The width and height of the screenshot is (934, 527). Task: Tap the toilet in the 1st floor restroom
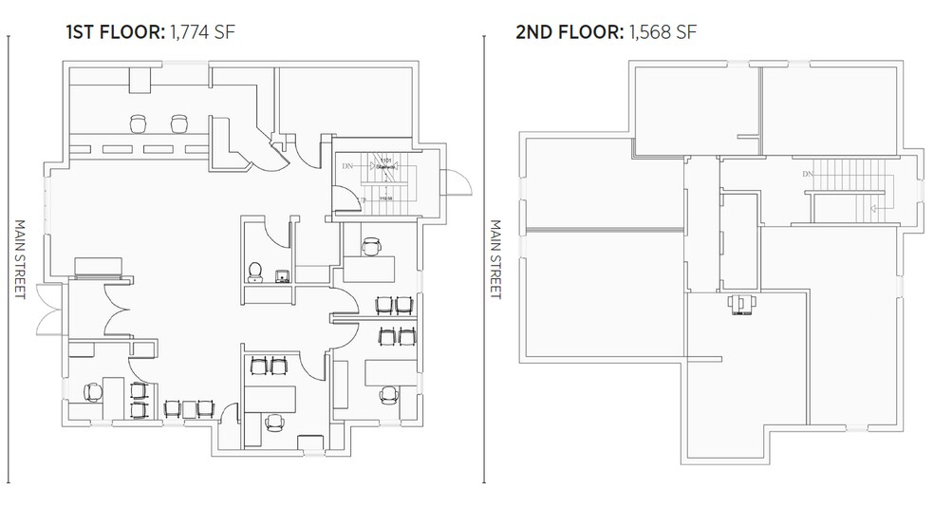254,273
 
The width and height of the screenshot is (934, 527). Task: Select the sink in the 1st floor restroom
282,276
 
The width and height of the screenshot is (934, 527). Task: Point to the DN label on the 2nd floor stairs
808,174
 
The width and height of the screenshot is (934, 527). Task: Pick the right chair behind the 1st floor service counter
178,122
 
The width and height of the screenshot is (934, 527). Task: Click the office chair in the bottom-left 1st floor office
93,391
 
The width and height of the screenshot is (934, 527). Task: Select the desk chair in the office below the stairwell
370,246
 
